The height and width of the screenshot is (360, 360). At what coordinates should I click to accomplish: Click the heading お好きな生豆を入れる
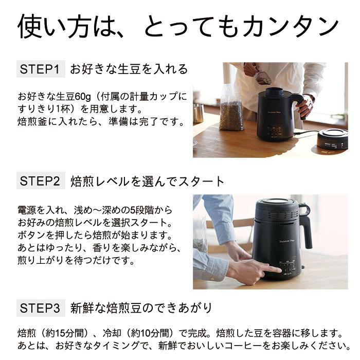point(129,69)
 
